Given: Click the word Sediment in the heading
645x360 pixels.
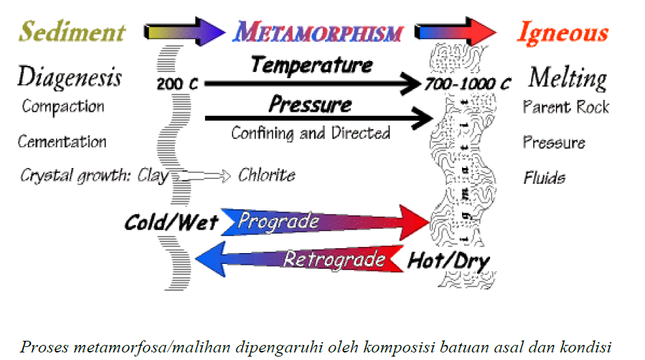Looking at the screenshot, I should tap(72, 32).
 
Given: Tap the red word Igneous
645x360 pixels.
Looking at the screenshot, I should tap(562, 32).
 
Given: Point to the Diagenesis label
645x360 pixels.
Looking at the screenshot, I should tap(69, 77).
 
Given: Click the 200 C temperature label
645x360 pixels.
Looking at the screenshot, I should tap(178, 84).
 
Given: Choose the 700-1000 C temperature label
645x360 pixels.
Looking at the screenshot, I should tap(467, 84).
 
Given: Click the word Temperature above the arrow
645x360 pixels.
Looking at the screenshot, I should tap(312, 65).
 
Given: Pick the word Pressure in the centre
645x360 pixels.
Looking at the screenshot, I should tap(310, 105).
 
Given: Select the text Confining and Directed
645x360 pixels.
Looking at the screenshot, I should tap(311, 132).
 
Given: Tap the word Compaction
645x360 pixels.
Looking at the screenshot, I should tap(62, 107).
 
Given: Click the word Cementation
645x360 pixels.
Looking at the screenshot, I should tap(62, 142).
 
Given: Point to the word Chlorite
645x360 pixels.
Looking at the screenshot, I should tap(266, 175).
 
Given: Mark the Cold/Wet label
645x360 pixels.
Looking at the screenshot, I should tap(171, 222).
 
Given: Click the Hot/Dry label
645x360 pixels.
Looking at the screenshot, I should tap(448, 261).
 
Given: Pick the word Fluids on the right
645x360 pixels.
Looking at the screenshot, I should tap(544, 178).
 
